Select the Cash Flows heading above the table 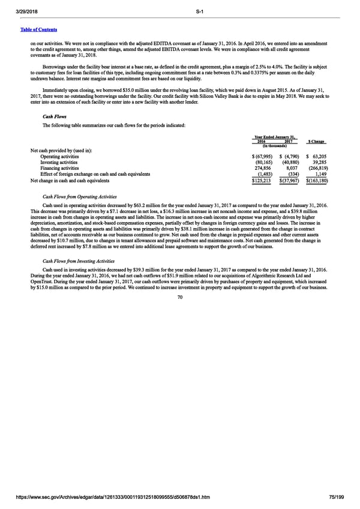(x=54, y=117)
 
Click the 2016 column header (x=262, y=142)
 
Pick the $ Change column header (x=316, y=142)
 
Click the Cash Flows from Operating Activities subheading (x=80, y=197)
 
